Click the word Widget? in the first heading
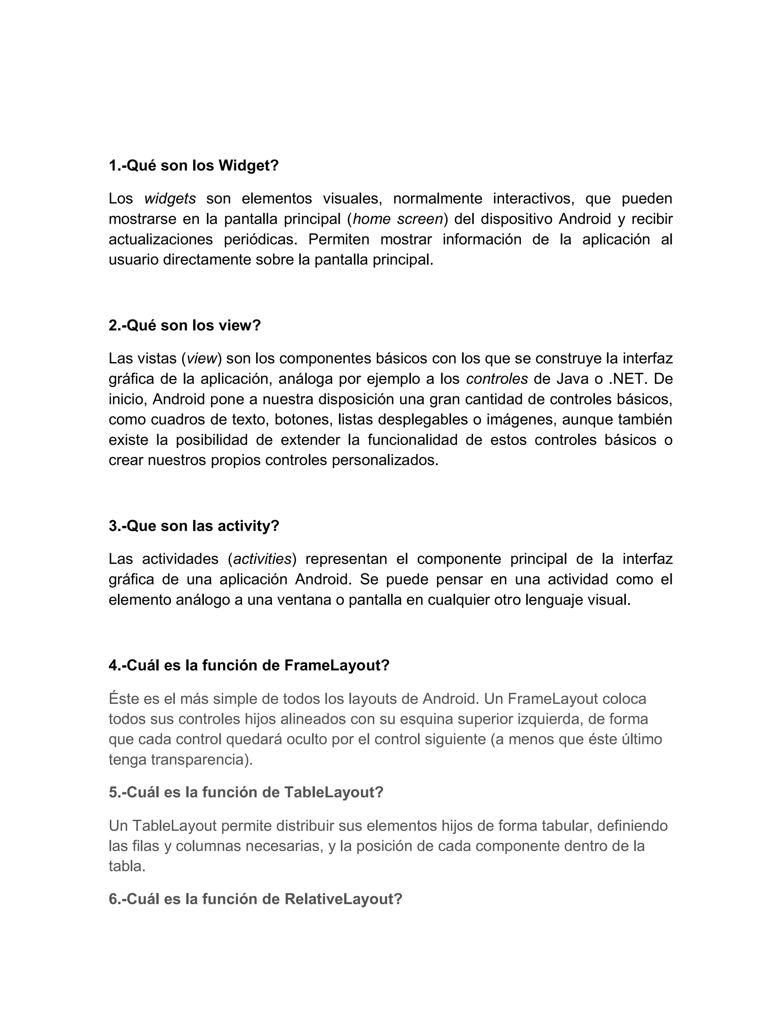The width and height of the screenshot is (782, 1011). pos(248,165)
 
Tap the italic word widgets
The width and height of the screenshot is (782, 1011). pos(170,199)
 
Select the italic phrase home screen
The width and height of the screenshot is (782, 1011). pos(397,219)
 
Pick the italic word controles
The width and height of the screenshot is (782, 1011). pos(497,379)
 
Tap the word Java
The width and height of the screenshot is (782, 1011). pos(573,379)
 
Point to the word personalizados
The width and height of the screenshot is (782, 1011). pos(385,460)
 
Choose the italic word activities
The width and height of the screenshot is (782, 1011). pos(262,559)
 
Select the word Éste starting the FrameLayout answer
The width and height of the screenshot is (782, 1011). pos(124,698)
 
